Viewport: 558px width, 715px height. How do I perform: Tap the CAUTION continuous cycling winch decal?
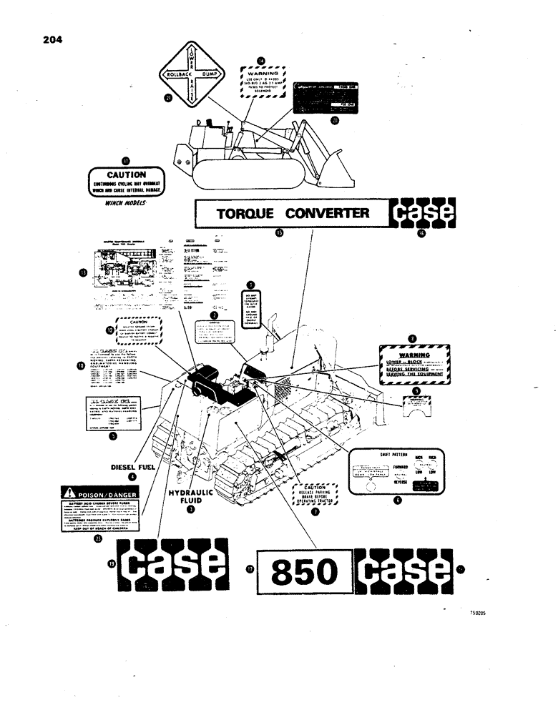coord(126,183)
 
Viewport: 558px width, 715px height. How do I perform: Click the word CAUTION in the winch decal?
coord(126,174)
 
